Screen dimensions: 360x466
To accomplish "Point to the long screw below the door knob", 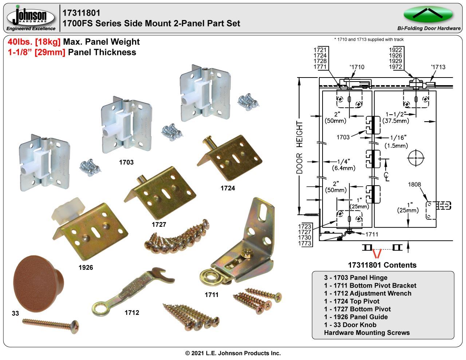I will pos(51,323).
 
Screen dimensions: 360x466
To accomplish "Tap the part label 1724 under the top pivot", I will pos(228,188).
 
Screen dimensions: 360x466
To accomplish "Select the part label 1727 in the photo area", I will pos(159,224).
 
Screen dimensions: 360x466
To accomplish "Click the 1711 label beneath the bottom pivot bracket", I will pos(211,294).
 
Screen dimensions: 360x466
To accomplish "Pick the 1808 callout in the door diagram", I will pos(414,184).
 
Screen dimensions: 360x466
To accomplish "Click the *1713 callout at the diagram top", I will pos(438,67).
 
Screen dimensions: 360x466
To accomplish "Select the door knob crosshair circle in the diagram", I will pos(417,158).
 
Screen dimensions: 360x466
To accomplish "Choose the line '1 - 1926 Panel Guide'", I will pos(356,317).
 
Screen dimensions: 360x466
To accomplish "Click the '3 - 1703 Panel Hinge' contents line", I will pos(356,277).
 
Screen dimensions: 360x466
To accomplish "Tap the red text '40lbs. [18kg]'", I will pos(34,42).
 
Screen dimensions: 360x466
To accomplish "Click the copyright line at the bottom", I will pos(233,353).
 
